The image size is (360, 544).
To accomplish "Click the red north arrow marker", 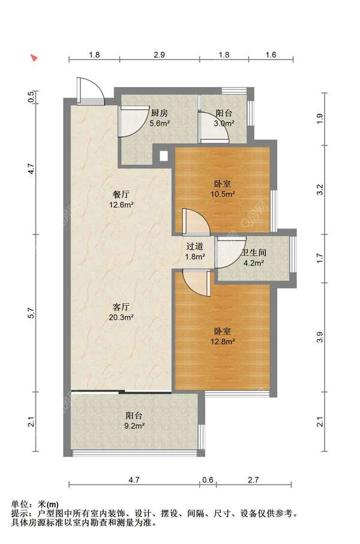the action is [x=34, y=58].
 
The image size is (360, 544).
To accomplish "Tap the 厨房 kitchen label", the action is [x=160, y=113].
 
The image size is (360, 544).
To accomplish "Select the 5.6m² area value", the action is [x=160, y=123].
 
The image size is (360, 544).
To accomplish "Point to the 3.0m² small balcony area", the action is [x=224, y=123].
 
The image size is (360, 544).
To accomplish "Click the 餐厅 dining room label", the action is [x=121, y=194].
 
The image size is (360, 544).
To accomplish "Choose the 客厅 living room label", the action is [x=122, y=306].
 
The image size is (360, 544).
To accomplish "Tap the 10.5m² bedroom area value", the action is [x=223, y=194].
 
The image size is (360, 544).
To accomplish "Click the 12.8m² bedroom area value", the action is [x=223, y=341].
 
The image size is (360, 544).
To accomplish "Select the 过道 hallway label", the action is [x=194, y=247].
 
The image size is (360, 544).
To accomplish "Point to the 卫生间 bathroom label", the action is [x=254, y=253].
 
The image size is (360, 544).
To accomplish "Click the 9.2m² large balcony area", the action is [x=134, y=426].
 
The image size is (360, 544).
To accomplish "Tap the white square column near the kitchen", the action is [x=163, y=156].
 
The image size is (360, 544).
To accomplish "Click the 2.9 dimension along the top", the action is [x=160, y=55].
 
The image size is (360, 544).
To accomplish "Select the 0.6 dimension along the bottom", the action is [x=208, y=480].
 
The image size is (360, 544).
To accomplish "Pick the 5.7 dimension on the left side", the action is [x=31, y=313].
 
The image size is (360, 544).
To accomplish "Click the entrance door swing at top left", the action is [x=90, y=91].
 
